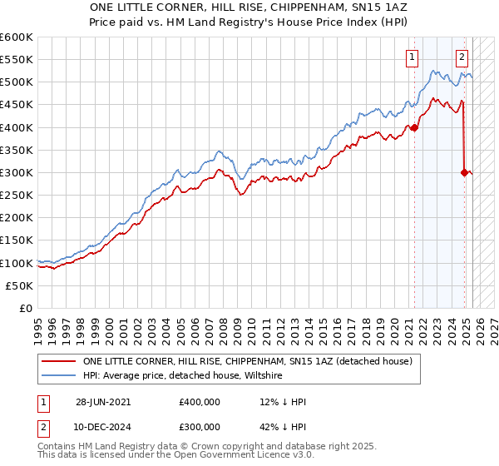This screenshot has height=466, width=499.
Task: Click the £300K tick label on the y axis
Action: [x=16, y=172]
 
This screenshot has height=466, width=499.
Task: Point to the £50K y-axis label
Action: [x=18, y=285]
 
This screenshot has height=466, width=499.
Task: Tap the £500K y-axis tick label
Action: [x=16, y=82]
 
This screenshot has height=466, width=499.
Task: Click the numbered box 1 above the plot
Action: [x=412, y=57]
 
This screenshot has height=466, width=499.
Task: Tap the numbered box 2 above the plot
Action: [x=462, y=57]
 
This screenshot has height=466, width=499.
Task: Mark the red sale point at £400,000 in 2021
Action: [x=414, y=127]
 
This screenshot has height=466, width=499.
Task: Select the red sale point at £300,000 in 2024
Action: [x=464, y=172]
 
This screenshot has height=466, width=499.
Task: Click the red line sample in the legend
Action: [x=58, y=362]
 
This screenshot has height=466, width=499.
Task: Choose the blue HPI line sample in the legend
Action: [x=58, y=376]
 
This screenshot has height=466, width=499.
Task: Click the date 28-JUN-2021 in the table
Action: [x=102, y=402]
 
